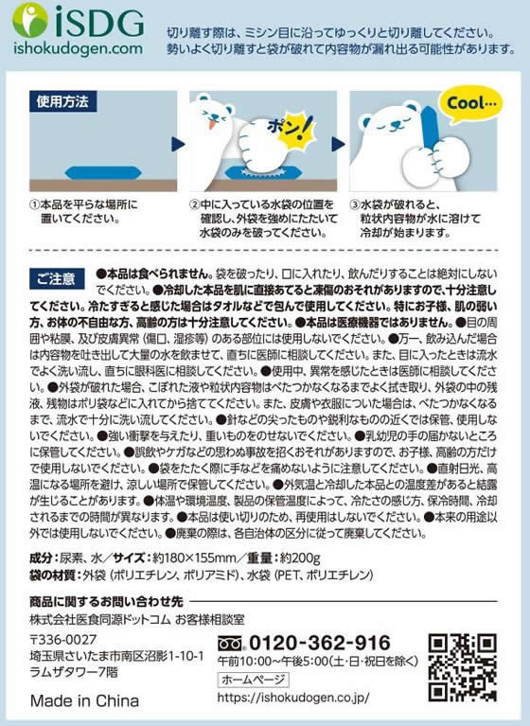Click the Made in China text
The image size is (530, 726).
point(84,701)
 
